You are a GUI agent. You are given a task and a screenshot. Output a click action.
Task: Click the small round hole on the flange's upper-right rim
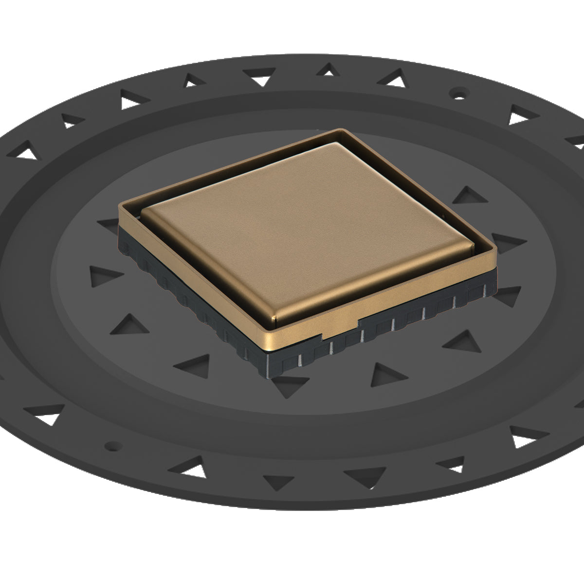point(458,91)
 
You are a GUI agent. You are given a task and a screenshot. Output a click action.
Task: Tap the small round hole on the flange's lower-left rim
point(113,445)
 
